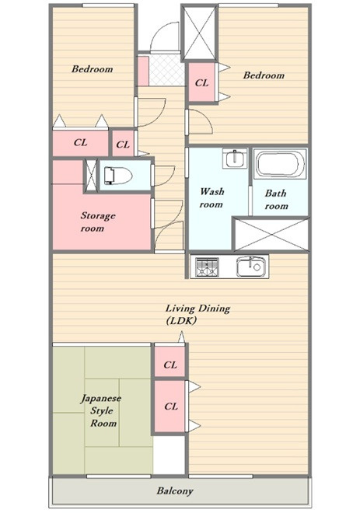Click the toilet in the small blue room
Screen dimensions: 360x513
[117, 176]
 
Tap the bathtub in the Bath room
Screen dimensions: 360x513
[281, 164]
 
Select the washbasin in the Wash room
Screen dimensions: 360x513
[234, 158]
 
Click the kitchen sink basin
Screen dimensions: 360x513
[250, 267]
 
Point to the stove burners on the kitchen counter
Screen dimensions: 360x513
[207, 267]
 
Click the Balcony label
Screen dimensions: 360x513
[175, 490]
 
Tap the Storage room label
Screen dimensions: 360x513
[97, 222]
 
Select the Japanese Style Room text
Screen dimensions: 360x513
[101, 410]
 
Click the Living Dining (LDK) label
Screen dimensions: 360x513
[197, 314]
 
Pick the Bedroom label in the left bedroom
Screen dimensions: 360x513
[93, 69]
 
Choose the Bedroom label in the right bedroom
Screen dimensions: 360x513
[264, 75]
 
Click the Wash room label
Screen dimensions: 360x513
[211, 197]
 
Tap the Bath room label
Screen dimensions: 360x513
[276, 199]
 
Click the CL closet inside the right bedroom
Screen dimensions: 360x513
[201, 82]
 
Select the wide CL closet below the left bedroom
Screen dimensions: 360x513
[81, 143]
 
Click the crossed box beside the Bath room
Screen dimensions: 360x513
[271, 234]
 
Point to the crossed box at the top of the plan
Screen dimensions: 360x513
[199, 33]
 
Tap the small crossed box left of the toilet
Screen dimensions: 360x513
[91, 176]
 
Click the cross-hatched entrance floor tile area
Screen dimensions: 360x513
[166, 70]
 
